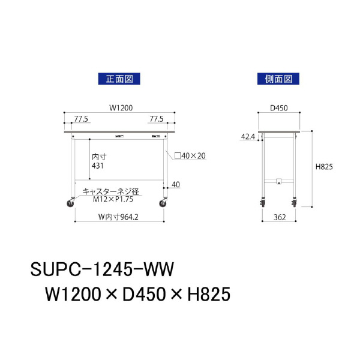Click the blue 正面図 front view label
pyautogui.click(x=119, y=79)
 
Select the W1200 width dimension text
pyautogui.click(x=120, y=108)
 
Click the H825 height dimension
pyautogui.click(x=324, y=167)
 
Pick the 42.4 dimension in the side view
pyautogui.click(x=248, y=137)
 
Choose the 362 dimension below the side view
pyautogui.click(x=278, y=217)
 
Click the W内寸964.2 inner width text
pyautogui.click(x=118, y=217)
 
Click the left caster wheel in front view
pyautogui.click(x=71, y=203)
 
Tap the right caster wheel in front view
pyautogui.click(x=163, y=203)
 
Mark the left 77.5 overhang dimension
pyautogui.click(x=82, y=119)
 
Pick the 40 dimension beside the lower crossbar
pyautogui.click(x=175, y=184)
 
